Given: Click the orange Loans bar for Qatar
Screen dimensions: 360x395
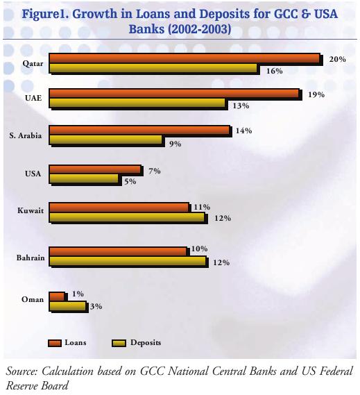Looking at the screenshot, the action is point(185,58).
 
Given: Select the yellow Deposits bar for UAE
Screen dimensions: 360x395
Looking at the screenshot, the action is point(137,103).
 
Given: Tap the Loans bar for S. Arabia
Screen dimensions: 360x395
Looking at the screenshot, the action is point(139,131).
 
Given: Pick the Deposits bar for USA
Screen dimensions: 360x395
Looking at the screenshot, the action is point(83,178).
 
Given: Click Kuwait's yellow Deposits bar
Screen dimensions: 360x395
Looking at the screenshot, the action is point(127,217).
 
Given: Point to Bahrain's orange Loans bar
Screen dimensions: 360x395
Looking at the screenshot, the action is point(117,252).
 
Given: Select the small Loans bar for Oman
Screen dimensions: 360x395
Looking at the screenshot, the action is point(57,296).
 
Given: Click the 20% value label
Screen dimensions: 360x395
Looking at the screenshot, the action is point(337,60).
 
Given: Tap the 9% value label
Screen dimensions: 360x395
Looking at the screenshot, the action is point(175,144).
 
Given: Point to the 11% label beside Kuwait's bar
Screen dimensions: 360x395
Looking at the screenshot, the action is point(202,207).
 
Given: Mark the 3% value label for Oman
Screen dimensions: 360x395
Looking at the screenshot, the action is point(96,306).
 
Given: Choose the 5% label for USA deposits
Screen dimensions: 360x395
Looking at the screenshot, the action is point(130,181).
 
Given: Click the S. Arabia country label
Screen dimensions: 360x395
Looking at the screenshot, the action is point(26,135).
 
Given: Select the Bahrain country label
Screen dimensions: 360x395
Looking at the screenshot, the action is point(31,258).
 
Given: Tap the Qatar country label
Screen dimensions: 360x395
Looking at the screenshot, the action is point(33,63).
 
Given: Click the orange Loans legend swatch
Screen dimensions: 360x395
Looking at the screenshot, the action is point(55,343).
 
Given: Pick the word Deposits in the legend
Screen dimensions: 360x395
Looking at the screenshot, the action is point(146,343).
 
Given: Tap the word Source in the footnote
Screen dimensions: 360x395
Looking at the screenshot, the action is point(22,371).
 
